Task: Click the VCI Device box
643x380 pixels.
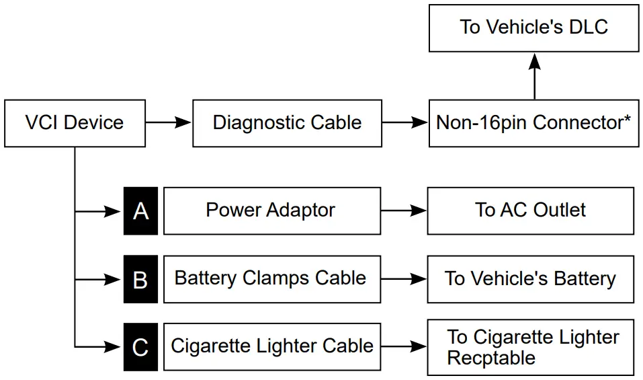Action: (75, 123)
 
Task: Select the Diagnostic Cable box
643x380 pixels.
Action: (287, 123)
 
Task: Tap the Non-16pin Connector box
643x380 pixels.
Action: (533, 123)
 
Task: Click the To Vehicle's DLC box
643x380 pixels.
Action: (533, 28)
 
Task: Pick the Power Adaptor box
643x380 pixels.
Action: (271, 211)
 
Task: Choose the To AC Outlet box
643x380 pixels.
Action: (530, 211)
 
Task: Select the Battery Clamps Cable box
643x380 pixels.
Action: (271, 278)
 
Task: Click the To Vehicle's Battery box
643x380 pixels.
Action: (530, 278)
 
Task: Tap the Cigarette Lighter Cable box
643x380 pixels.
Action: (271, 346)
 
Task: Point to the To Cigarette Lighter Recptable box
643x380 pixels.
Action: (530, 347)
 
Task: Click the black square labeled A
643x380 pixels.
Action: (140, 211)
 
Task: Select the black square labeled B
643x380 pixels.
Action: (140, 279)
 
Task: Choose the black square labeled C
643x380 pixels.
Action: (140, 347)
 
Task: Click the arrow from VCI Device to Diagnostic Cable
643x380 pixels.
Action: (168, 123)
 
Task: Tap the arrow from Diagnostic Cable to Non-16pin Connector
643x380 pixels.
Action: (405, 123)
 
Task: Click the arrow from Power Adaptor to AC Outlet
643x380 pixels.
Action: (404, 211)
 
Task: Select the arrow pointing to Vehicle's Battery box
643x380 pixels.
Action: (404, 278)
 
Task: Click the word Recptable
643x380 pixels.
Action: (491, 358)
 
